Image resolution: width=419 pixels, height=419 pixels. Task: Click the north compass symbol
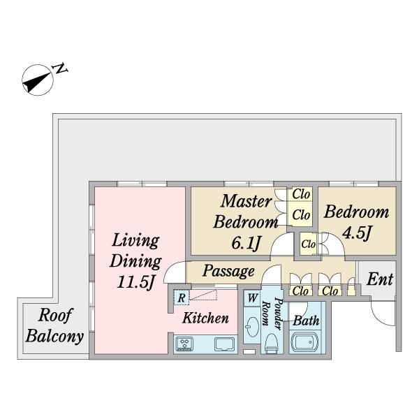pos(38,80)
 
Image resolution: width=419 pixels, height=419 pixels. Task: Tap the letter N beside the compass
pos(61,68)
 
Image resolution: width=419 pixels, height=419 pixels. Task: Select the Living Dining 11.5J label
pos(135,261)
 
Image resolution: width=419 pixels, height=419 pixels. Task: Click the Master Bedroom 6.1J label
pos(245,222)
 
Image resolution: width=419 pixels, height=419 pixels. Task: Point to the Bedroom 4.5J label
pos(356,222)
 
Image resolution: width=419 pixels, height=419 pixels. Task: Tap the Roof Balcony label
pos(54,325)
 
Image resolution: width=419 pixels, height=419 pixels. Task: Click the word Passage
pos(228,271)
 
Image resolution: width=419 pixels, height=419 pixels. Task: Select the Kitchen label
pos(205,318)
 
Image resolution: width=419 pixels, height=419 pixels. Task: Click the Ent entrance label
pos(380,279)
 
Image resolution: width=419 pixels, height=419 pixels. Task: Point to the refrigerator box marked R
pos(182,297)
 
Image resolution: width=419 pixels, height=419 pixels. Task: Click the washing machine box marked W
pos(252,298)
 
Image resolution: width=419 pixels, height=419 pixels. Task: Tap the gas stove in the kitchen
pos(184,344)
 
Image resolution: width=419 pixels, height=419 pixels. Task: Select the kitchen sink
pos(225,344)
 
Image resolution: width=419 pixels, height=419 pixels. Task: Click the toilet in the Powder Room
pos(271,344)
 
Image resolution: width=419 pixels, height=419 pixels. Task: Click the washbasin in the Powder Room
pos(252,327)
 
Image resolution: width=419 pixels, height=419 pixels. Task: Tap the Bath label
pos(306,321)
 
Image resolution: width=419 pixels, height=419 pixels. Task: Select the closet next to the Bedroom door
pos(308,244)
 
